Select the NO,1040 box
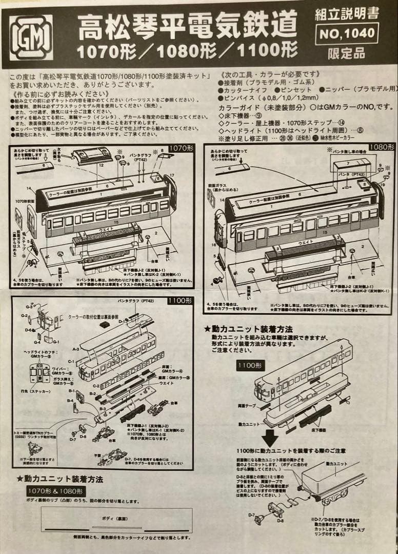click(347, 34)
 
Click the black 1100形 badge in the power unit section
click(250, 366)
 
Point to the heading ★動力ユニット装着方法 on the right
click(248, 329)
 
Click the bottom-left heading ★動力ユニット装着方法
click(59, 479)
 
